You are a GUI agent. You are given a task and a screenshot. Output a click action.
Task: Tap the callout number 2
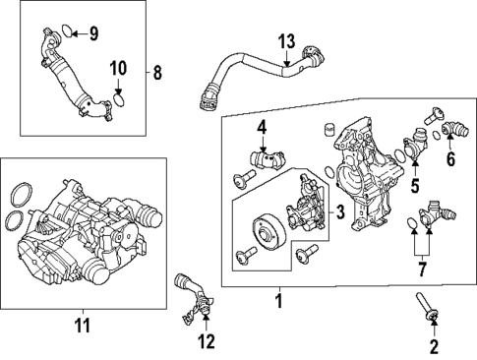pos(435,345)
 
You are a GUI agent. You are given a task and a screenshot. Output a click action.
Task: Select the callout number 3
pos(339,210)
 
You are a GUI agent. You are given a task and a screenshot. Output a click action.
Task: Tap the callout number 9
pos(93,35)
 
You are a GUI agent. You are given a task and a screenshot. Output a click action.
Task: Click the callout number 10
pos(118,68)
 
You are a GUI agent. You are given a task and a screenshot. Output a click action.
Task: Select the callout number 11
pos(82,324)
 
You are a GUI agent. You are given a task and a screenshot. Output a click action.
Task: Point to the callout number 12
pos(205,341)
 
